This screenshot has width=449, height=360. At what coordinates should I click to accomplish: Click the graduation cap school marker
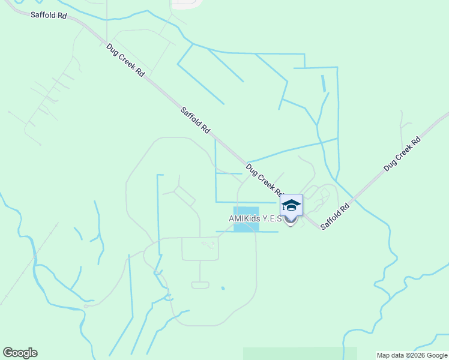(291, 206)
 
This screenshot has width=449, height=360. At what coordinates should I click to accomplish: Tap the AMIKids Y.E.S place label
(255, 219)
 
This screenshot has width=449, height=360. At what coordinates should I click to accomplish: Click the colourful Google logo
(20, 353)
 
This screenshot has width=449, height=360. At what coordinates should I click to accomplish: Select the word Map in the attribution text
(384, 355)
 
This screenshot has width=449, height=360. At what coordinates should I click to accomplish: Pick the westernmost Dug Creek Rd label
(125, 60)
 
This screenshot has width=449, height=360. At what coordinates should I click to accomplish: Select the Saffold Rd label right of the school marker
(335, 217)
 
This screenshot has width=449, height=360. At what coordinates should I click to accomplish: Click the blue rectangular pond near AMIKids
(246, 219)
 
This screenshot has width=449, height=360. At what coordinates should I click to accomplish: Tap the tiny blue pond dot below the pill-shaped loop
(223, 289)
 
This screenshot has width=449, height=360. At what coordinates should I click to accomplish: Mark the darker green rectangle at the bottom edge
(300, 353)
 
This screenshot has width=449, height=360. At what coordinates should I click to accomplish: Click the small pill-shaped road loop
(200, 285)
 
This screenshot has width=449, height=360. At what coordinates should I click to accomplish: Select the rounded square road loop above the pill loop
(200, 249)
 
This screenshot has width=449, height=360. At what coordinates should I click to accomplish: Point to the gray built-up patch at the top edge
(187, 3)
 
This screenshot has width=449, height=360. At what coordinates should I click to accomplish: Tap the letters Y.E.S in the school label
(272, 219)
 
